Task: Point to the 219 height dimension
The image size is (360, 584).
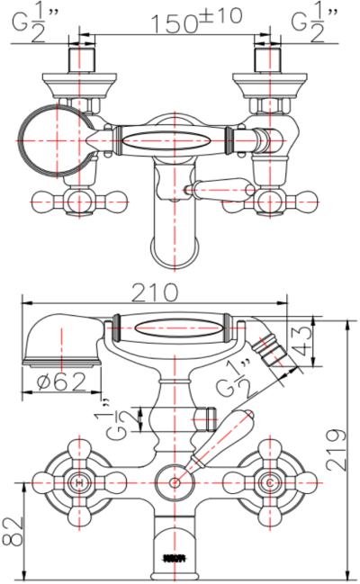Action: [337, 445]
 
